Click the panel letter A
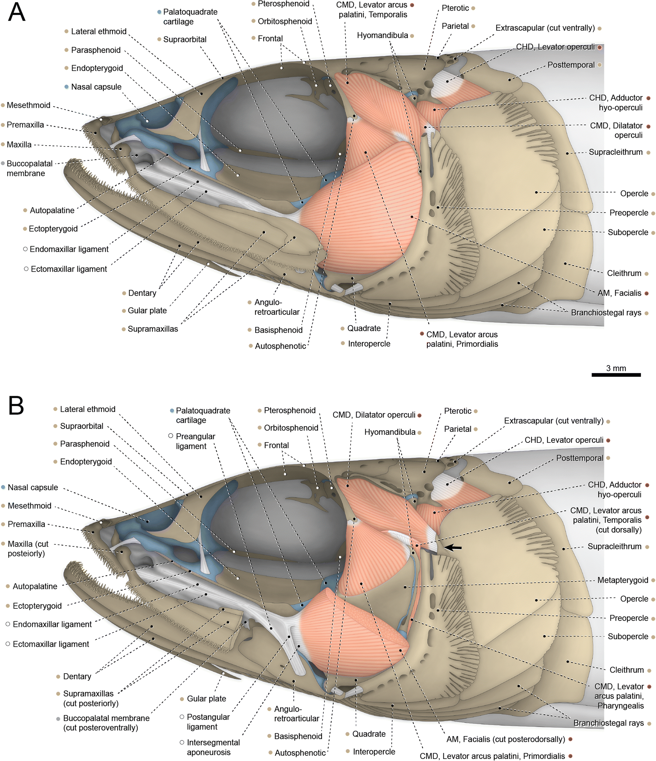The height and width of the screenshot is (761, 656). (17, 12)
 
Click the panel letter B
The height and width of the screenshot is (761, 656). (16, 406)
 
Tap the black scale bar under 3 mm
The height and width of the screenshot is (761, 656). (616, 375)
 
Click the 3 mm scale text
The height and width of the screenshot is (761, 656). (616, 368)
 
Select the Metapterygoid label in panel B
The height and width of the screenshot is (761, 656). (623, 580)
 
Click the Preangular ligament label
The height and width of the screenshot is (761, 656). (195, 441)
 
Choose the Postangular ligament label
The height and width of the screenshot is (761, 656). (208, 722)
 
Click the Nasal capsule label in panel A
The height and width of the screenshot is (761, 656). (96, 87)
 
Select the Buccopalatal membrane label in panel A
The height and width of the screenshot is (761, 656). (29, 168)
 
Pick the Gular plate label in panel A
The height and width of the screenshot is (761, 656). (147, 311)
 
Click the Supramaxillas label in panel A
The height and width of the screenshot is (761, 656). (153, 329)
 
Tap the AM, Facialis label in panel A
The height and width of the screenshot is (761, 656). (619, 293)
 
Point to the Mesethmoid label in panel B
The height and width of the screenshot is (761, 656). (29, 506)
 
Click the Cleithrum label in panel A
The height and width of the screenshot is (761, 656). (624, 273)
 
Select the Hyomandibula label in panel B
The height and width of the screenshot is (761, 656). (390, 432)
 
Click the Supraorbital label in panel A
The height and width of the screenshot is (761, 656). (184, 39)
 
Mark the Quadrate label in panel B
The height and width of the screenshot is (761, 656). (369, 734)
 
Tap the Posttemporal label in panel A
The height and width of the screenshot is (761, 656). (571, 65)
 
